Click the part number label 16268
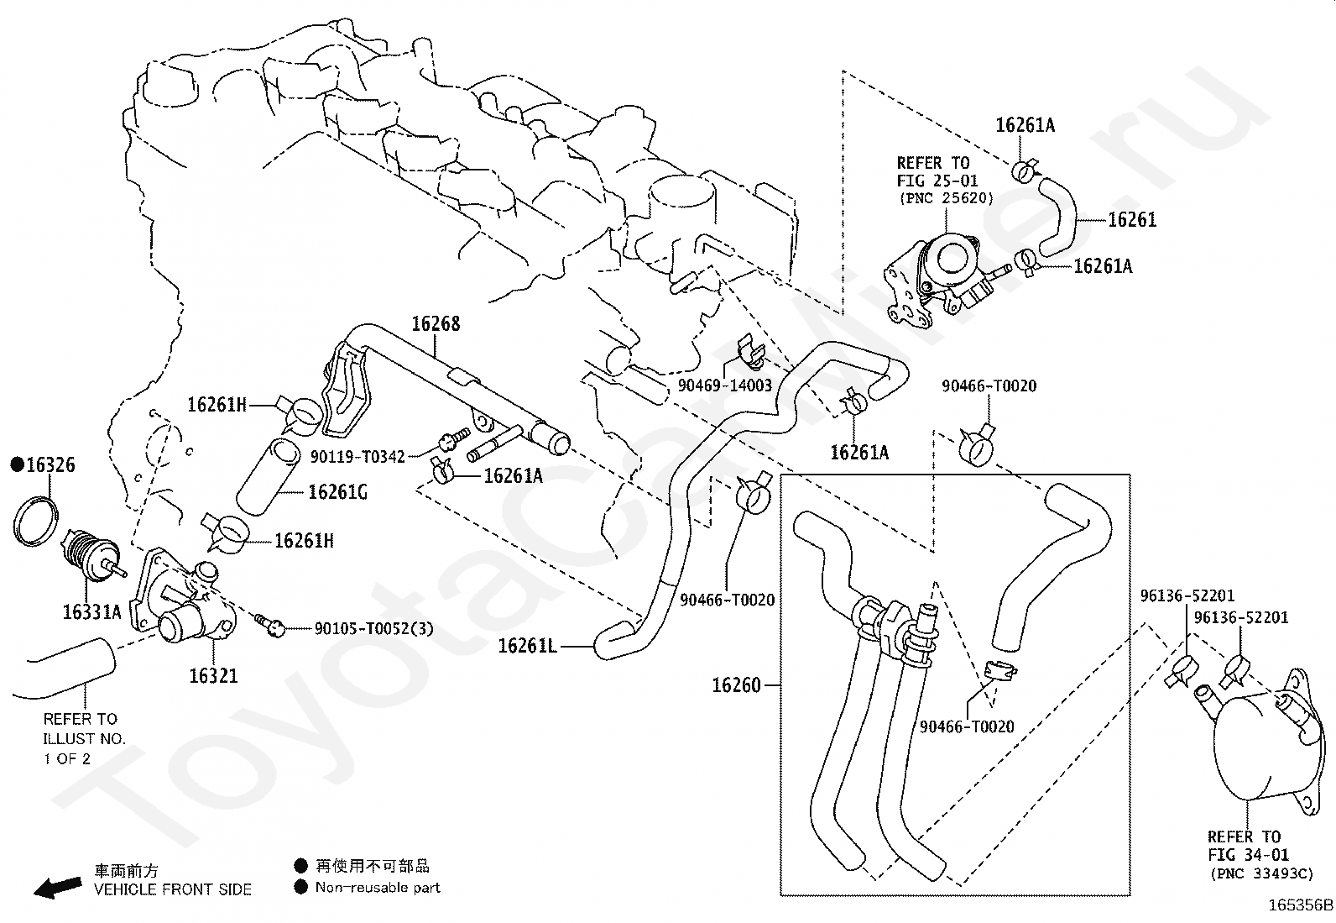[436, 323]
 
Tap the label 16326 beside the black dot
[50, 464]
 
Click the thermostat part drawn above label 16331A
[92, 555]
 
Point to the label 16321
[213, 676]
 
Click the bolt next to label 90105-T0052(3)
[270, 625]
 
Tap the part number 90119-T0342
[357, 457]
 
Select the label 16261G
[337, 492]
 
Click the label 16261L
[527, 646]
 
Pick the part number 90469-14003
[725, 385]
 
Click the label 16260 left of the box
[737, 685]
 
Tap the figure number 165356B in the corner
[1300, 905]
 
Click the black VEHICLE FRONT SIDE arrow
[57, 887]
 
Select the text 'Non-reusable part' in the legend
[378, 888]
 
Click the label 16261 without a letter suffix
[1132, 220]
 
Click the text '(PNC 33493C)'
[1262, 873]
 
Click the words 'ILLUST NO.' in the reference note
[84, 739]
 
